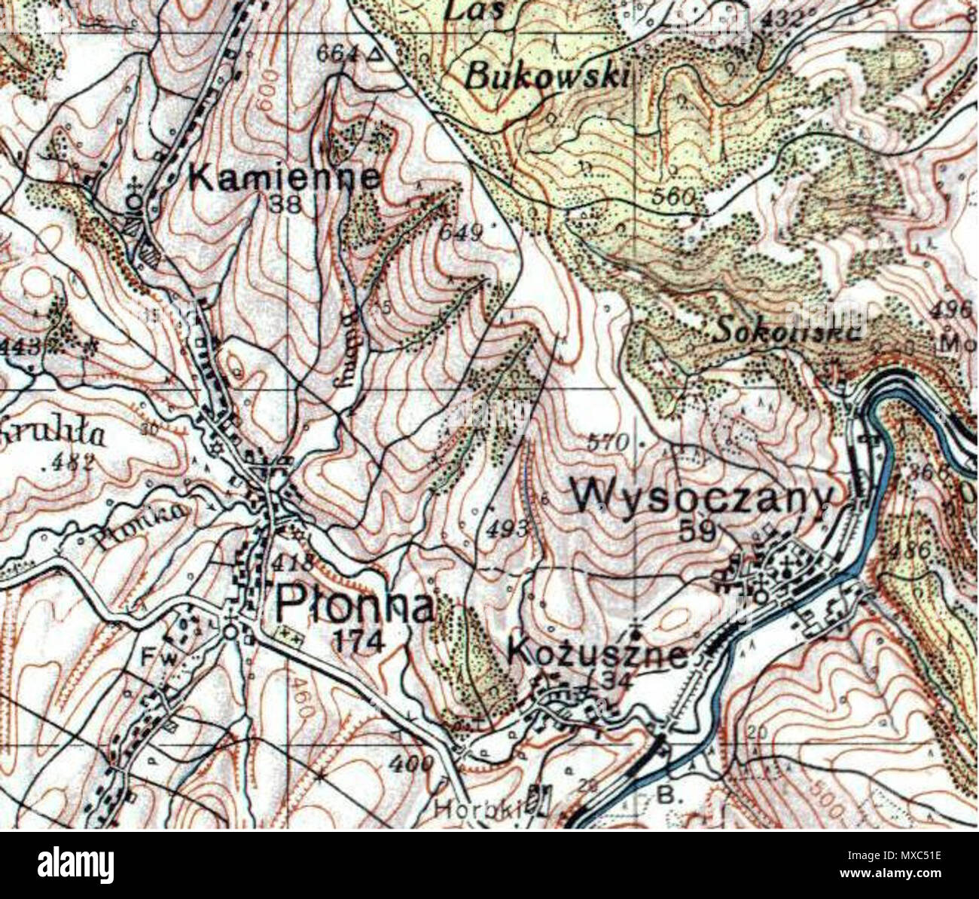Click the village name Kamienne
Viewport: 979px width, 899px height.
[x=284, y=178]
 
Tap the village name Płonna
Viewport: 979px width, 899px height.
[x=355, y=604]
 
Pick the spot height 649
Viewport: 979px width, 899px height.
[x=460, y=233]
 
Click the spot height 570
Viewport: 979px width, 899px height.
[x=607, y=443]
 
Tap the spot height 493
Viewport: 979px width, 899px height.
[x=506, y=529]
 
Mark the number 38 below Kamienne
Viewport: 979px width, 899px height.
[x=285, y=204]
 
